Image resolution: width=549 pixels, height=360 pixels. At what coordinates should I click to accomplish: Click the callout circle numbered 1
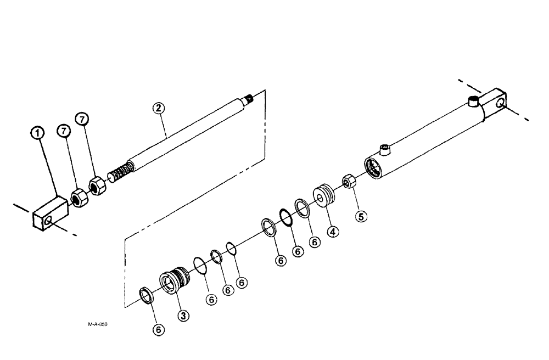37,133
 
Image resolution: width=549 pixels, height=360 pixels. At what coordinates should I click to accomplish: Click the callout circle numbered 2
159,108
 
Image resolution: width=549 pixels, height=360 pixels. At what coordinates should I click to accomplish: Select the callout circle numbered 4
332,231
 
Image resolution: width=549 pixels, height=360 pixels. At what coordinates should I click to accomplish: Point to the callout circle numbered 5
361,216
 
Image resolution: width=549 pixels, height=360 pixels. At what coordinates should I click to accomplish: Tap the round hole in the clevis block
50,221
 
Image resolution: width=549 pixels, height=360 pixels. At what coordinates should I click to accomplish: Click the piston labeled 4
322,195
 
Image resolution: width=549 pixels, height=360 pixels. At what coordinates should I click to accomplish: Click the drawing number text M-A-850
97,324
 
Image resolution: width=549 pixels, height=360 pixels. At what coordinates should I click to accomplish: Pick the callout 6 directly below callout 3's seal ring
159,329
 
